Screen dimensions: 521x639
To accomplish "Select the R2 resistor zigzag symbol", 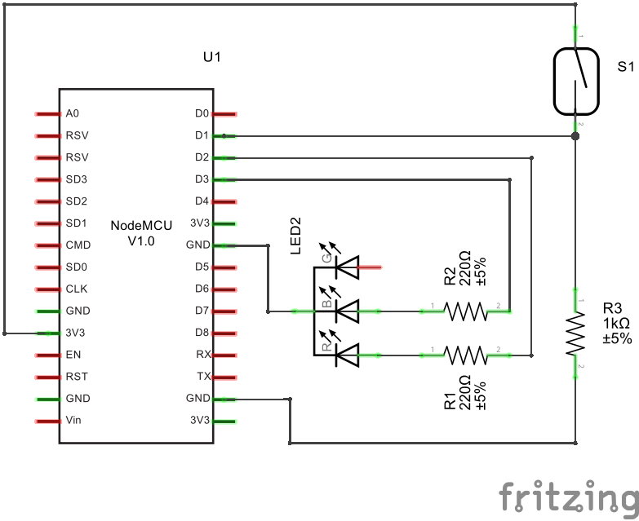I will point(464,311).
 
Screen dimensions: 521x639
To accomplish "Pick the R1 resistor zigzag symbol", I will point(464,355).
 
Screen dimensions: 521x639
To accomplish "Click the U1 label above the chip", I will point(211,57).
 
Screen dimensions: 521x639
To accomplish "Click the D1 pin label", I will point(202,135).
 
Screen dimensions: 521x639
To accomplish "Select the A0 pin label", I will point(73,113).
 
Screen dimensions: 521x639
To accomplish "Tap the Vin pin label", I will point(73,421).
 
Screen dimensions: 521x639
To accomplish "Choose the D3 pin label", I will point(202,179).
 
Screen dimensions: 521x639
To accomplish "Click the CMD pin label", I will point(78,245).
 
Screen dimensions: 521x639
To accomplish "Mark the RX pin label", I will point(203,355).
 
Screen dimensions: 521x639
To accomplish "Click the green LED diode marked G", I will point(348,266).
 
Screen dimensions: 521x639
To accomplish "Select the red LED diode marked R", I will point(348,355).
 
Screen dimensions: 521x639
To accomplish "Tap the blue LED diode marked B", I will point(348,311).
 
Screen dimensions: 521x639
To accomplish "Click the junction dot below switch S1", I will point(576,136).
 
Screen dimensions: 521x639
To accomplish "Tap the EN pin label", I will point(73,355).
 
